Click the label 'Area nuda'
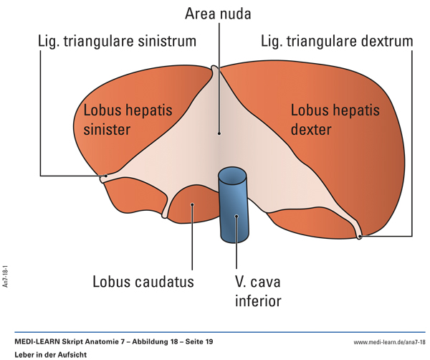coord(218,14)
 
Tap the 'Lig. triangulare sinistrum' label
coord(117,41)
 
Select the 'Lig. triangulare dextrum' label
coord(337,41)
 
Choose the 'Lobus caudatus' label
coord(143,281)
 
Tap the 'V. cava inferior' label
coord(258,290)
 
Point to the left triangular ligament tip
coord(105,176)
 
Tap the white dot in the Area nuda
coord(219,133)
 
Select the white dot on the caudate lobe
coord(192,205)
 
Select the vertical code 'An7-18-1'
coord(6,275)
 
